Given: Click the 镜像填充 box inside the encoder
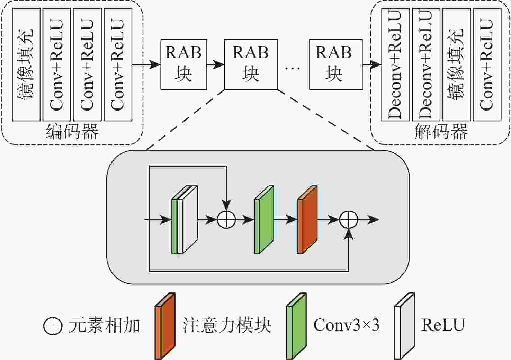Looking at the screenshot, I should click(26, 64).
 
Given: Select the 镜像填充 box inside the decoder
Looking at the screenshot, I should click(456, 64).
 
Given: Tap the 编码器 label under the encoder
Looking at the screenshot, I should click(72, 132).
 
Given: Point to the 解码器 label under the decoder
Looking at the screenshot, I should click(441, 132).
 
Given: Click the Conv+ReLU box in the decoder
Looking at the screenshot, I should click(487, 64).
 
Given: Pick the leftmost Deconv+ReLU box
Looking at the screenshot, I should click(395, 64).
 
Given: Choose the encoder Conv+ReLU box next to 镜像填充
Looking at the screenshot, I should click(57, 64).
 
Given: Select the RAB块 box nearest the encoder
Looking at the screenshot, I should click(183, 64).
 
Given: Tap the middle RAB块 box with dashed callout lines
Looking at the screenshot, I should click(251, 64).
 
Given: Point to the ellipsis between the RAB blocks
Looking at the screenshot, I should click(293, 68).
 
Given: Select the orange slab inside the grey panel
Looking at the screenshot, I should click(307, 220).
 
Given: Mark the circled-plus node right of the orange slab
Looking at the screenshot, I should click(348, 219).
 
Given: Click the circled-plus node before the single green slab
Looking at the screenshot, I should click(226, 219).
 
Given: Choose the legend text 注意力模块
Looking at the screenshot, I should click(227, 325).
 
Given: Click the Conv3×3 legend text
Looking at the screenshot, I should click(346, 325).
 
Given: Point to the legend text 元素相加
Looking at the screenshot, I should click(104, 325).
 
